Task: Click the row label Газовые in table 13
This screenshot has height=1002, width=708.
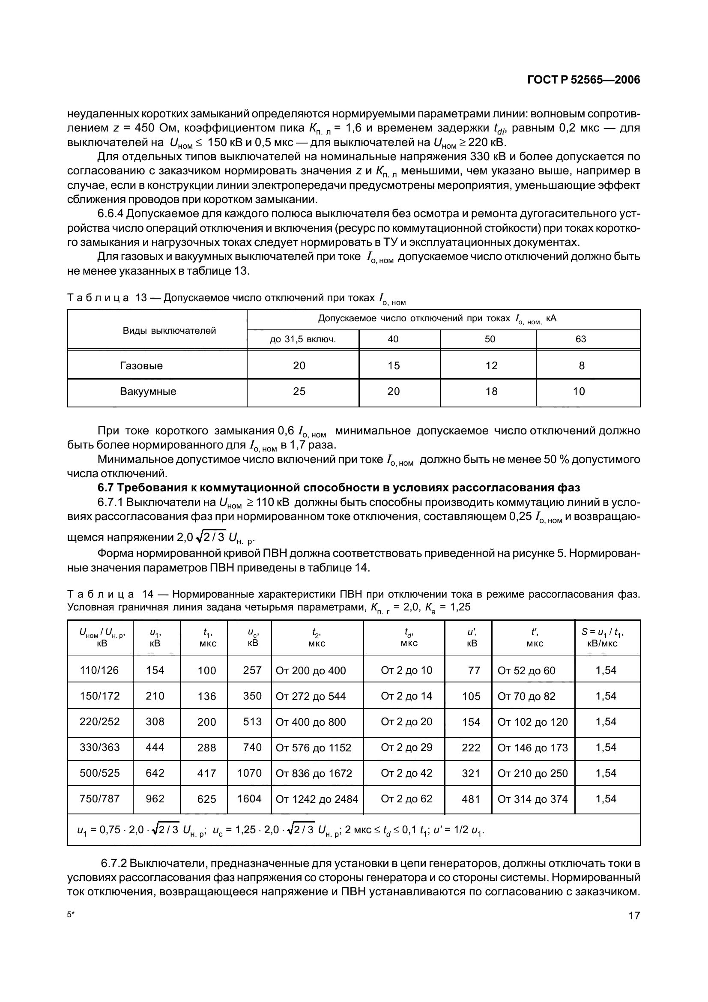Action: [141, 366]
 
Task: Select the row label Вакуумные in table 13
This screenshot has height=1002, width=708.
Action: [148, 392]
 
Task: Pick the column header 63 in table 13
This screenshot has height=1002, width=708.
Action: [581, 339]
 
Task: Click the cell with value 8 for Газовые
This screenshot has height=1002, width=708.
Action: [582, 366]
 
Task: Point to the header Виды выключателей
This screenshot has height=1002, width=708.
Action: [169, 330]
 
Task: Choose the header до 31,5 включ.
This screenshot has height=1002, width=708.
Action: [303, 339]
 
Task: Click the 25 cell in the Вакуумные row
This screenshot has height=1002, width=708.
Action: [299, 392]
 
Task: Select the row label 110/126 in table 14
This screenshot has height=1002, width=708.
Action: [99, 670]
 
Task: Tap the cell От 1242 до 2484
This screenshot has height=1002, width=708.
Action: [317, 799]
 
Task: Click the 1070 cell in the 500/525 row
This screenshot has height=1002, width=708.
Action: [249, 773]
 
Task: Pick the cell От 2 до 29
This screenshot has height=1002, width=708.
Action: [406, 748]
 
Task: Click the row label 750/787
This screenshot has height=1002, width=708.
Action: [99, 799]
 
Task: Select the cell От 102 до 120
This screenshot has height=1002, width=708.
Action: [533, 722]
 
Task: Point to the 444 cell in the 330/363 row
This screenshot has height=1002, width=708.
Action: [155, 748]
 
